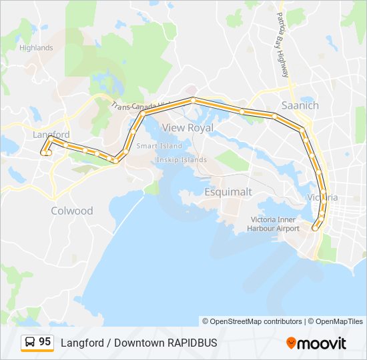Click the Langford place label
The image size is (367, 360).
(51, 135)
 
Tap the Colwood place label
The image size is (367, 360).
(72, 211)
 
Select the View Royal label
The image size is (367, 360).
(188, 127)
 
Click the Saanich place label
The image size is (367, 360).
(300, 105)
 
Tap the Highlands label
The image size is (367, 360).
(36, 48)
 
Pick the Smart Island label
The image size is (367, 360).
(159, 146)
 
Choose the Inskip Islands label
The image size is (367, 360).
(181, 160)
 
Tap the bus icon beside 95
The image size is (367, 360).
(30, 342)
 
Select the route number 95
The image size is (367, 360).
(45, 342)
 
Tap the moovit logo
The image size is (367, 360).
(316, 343)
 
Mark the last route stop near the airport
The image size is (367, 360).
(316, 228)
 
